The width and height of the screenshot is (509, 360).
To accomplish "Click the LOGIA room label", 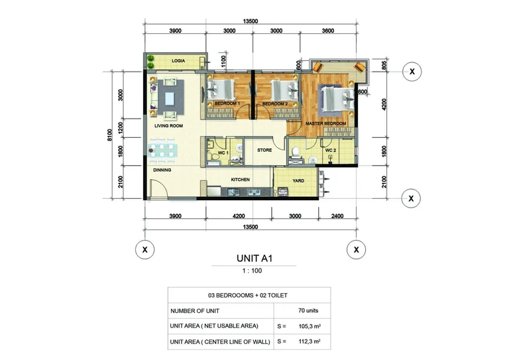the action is pos(178,61).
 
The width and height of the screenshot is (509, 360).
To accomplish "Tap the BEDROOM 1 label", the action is pos(227,103).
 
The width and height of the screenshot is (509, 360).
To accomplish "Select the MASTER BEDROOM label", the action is pos(325,123).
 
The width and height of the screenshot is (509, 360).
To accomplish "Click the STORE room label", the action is pos(264,150).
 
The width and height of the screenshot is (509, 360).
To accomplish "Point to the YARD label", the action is pos(298,180).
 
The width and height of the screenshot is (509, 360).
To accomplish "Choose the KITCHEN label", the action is pos(240,180).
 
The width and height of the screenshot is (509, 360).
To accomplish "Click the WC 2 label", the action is pos(331,150).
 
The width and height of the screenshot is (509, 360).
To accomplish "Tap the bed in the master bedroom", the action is pos(337,99).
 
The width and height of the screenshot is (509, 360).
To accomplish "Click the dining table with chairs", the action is pos(162,150).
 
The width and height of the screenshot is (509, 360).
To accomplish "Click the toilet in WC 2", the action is pos(296,152).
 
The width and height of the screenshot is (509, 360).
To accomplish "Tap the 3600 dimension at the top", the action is pos(328,31).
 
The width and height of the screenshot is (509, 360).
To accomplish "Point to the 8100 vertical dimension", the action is pos(110,135).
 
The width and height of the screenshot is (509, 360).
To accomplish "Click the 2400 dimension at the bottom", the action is pos(337,216).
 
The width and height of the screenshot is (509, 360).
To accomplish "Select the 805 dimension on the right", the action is pos(384,66).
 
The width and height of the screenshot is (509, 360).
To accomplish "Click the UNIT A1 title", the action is pos(254,259).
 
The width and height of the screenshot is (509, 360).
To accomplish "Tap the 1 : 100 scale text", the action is pos(252,270).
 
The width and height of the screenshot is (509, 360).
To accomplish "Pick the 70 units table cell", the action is pos(308,311).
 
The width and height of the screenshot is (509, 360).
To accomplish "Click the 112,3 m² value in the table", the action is pos(310,341).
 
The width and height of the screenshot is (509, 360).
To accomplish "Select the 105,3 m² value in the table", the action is pos(310,326).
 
